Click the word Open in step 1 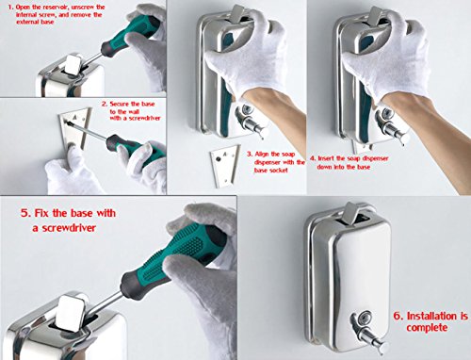click(23, 7)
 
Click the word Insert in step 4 click(326, 158)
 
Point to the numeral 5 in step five click(24, 213)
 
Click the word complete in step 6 click(427, 328)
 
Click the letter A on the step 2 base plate click(75, 117)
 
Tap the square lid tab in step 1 click(74, 64)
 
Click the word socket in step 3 click(279, 171)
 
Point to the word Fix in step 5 click(41, 213)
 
